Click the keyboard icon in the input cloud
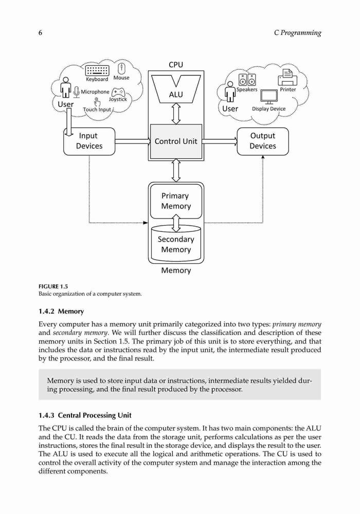pyautogui.click(x=97, y=70)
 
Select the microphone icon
pyautogui.click(x=77, y=92)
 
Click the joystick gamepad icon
pyautogui.click(x=118, y=92)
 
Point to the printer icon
pyautogui.click(x=287, y=78)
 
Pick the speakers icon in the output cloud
pyautogui.click(x=247, y=80)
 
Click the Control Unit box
pyautogui.click(x=176, y=141)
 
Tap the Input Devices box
pyautogui.click(x=89, y=141)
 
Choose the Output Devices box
pyautogui.click(x=263, y=141)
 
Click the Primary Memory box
pyautogui.click(x=176, y=201)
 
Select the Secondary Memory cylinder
pyautogui.click(x=176, y=243)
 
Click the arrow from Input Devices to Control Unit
pyautogui.click(x=133, y=141)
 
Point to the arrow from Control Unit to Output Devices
pyautogui.click(x=220, y=141)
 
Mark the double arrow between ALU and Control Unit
pyautogui.click(x=176, y=114)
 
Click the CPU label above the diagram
pyautogui.click(x=176, y=65)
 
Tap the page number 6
pyautogui.click(x=40, y=33)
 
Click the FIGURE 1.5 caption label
pyautogui.click(x=53, y=286)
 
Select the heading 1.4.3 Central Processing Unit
pyautogui.click(x=85, y=415)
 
